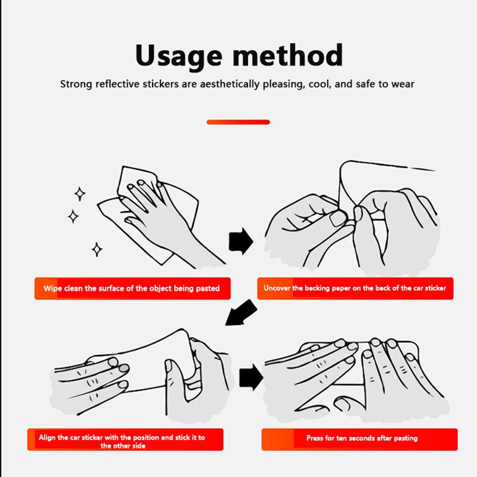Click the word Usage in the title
[179, 56]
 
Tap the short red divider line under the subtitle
[238, 122]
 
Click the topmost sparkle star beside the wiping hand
[80, 194]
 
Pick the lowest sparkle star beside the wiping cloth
[97, 249]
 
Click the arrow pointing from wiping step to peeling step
[241, 241]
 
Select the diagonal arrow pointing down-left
[241, 312]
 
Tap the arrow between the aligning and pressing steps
[251, 377]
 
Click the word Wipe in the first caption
[52, 289]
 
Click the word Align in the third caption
[47, 438]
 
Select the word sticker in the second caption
[435, 288]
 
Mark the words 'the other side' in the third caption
[123, 446]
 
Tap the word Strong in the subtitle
[76, 84]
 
